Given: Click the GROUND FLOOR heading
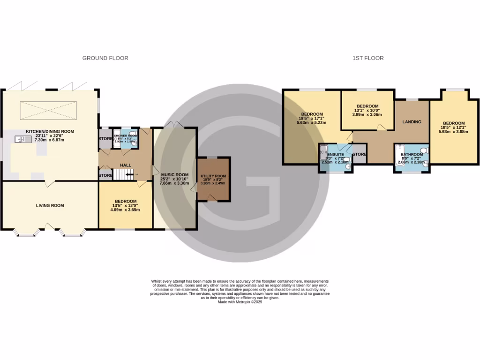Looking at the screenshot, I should [x=105, y=58].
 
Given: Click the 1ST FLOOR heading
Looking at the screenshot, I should [x=368, y=58].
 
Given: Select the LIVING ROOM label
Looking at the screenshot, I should [x=50, y=205].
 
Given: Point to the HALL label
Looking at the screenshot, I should [x=126, y=165].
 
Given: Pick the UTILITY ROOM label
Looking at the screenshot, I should [x=213, y=176].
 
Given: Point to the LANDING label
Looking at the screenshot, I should [x=412, y=122].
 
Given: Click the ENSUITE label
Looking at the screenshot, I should [x=336, y=154].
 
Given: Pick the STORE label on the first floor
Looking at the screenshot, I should [x=359, y=154].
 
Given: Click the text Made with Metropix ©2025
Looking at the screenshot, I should [x=240, y=302].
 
